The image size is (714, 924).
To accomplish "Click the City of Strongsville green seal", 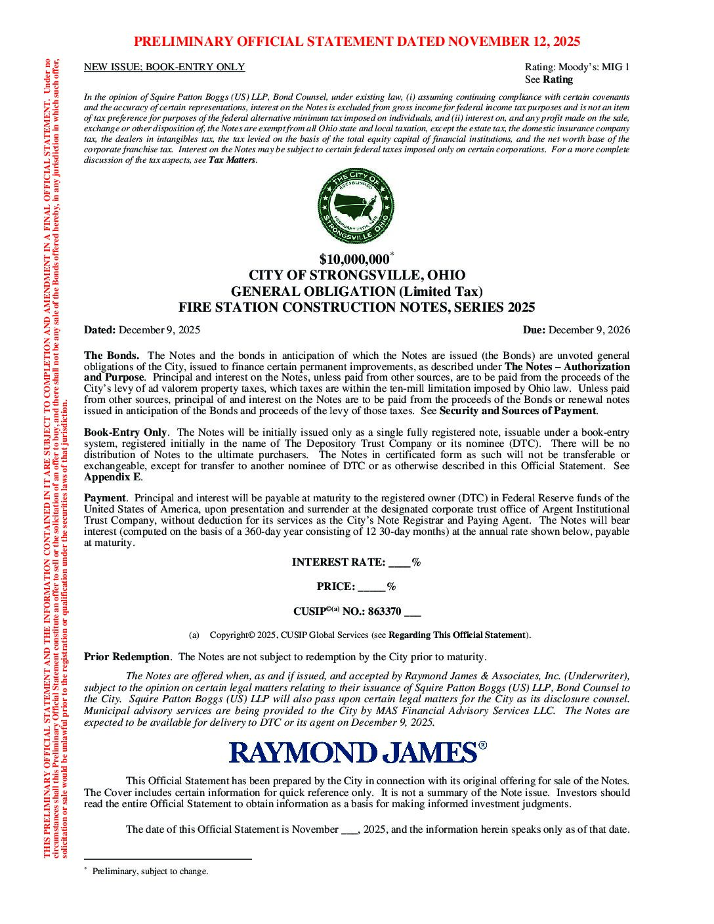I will click(357, 206).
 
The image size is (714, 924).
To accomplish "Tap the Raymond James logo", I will click(357, 752).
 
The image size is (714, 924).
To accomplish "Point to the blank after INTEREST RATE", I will click(400, 563).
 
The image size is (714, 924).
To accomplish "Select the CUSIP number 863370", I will click(385, 612).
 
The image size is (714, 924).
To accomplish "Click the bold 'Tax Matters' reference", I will click(232, 160).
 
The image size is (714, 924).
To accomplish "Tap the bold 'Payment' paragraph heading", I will click(105, 498).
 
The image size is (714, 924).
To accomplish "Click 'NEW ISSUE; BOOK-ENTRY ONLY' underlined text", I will click(165, 67).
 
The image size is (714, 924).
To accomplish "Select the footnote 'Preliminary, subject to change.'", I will click(150, 871).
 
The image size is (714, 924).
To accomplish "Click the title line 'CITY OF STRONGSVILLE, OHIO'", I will click(357, 276).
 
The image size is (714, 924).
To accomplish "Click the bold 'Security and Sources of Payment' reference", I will click(517, 411).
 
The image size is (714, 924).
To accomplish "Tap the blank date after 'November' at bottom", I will click(348, 829).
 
